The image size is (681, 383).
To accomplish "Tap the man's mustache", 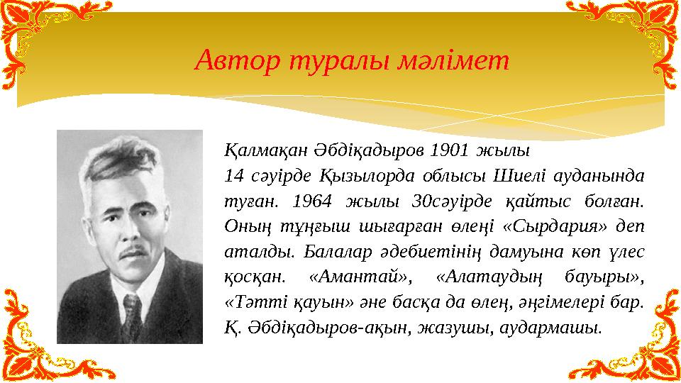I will [134, 250].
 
